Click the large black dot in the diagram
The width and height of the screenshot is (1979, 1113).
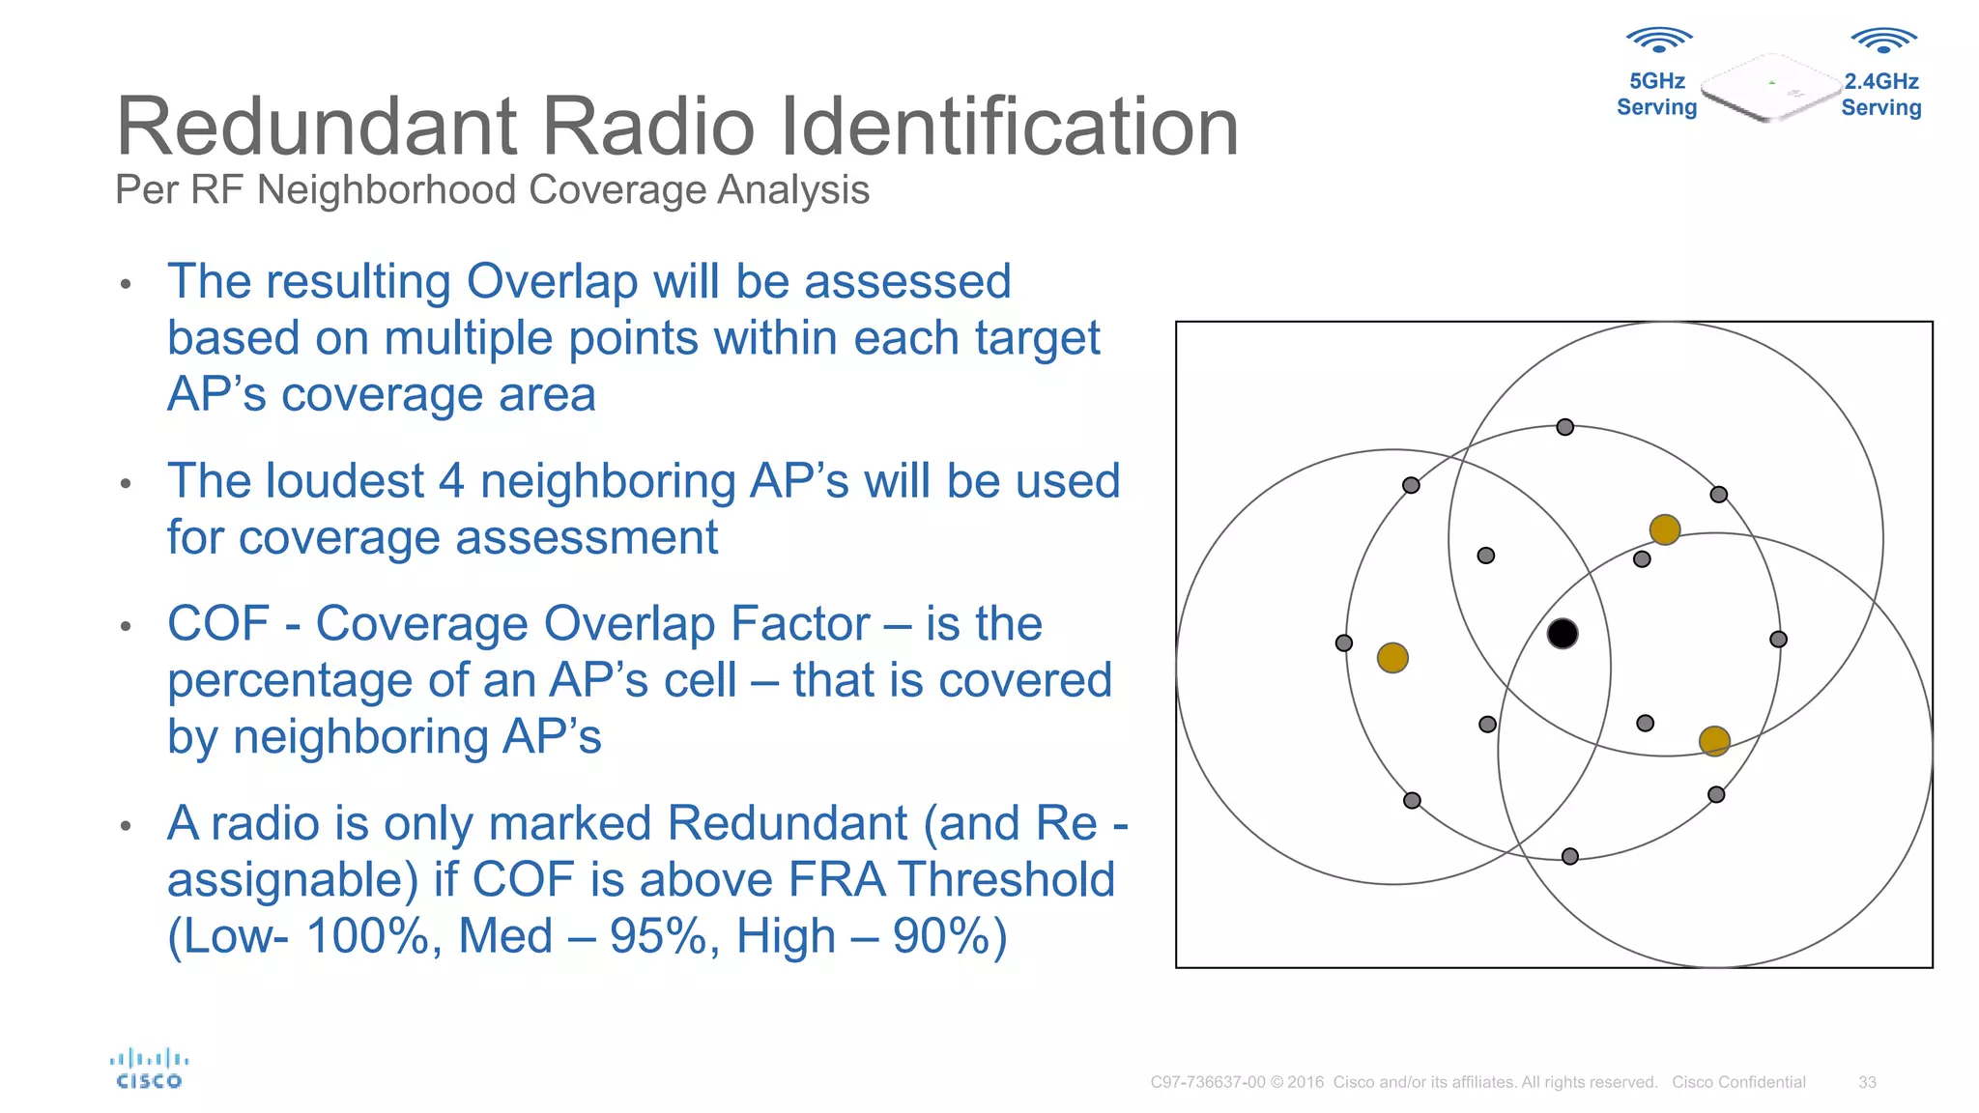pyautogui.click(x=1563, y=634)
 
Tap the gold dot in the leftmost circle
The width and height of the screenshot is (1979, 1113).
pyautogui.click(x=1392, y=658)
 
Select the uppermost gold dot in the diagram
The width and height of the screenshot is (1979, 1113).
pyautogui.click(x=1665, y=529)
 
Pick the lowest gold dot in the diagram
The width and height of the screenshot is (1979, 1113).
pyautogui.click(x=1714, y=741)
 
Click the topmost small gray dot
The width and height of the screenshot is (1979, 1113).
pyautogui.click(x=1565, y=427)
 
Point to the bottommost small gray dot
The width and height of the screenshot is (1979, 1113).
pyautogui.click(x=1570, y=856)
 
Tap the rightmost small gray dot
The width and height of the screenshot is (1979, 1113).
pyautogui.click(x=1778, y=640)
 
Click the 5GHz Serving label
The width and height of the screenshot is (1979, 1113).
pyautogui.click(x=1656, y=95)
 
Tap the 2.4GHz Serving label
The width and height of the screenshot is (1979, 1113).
pyautogui.click(x=1880, y=95)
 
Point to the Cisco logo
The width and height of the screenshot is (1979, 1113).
pyautogui.click(x=149, y=1069)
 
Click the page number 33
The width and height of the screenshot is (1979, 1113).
pyautogui.click(x=1867, y=1082)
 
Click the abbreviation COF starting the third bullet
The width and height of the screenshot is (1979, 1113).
pyautogui.click(x=218, y=623)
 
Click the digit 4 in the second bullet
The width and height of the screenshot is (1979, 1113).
pyautogui.click(x=451, y=481)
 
